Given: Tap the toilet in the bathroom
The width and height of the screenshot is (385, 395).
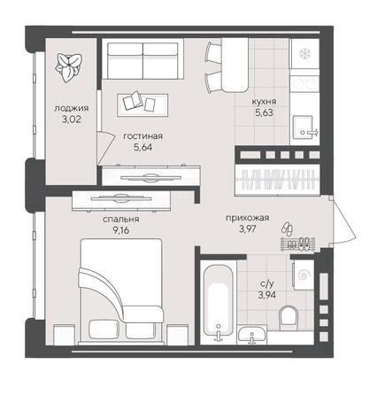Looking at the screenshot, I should pos(289,316).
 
